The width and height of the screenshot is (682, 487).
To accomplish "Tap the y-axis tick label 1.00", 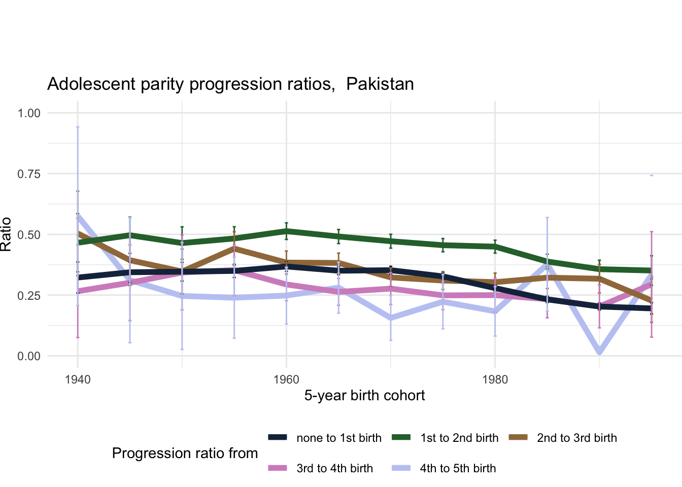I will tap(29, 113).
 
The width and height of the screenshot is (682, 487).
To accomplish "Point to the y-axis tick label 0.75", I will tap(29, 174).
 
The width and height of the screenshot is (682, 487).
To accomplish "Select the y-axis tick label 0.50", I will tap(29, 235).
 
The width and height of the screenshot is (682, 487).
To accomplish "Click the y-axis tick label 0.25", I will tap(29, 295).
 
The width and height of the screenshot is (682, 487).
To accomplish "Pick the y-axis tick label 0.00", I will tap(29, 356).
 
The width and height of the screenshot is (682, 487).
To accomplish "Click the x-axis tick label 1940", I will tap(78, 380).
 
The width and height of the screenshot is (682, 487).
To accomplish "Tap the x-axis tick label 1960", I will tap(286, 380).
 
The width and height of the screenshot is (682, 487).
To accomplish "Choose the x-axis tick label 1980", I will tap(495, 380).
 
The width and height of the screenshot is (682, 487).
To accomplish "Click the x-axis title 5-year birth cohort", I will tap(364, 396).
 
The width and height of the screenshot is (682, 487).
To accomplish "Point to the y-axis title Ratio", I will tap(6, 234).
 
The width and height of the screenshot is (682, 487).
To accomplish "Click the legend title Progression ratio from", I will tap(185, 454).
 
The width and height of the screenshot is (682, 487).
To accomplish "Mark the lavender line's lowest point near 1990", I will tap(599, 352).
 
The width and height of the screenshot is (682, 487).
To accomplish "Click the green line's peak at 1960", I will tap(286, 231).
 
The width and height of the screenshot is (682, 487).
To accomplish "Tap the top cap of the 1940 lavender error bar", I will tap(78, 127).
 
